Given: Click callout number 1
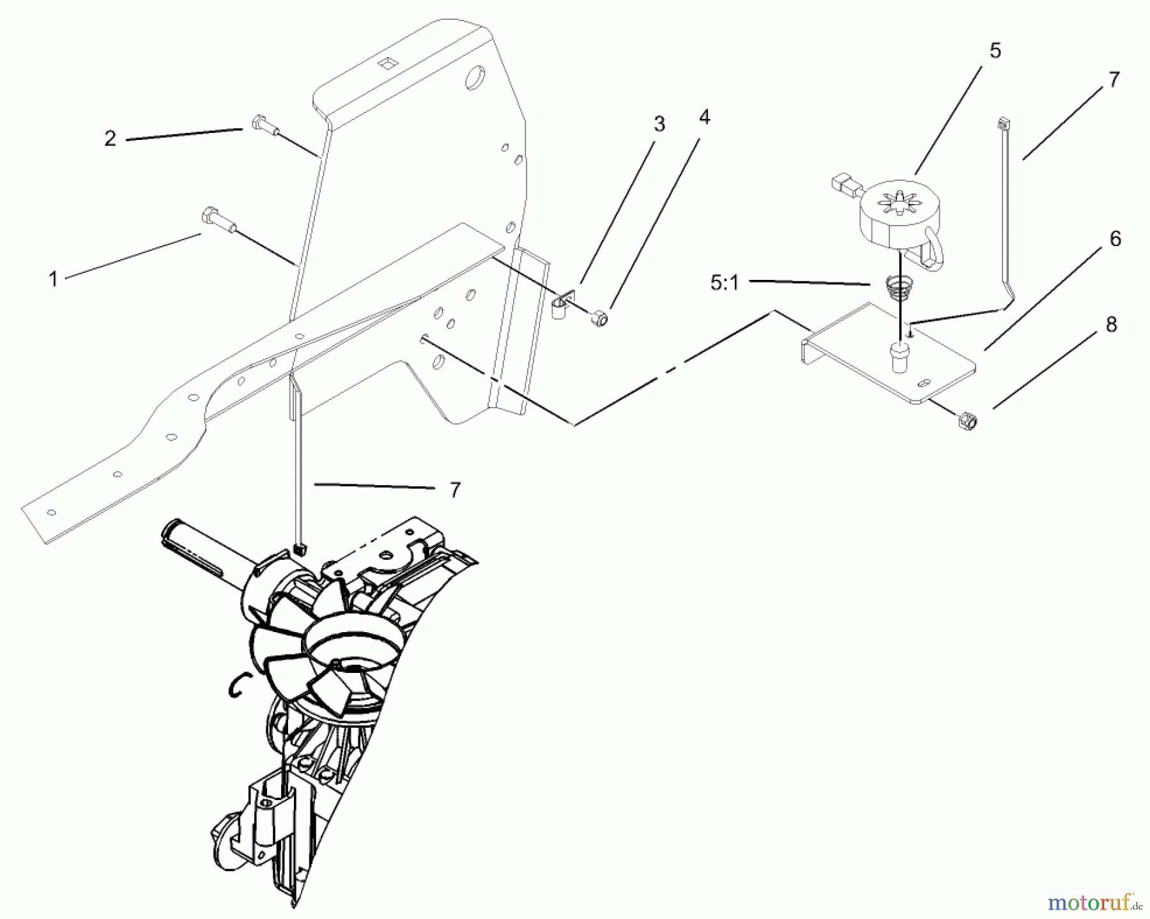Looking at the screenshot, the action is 54,279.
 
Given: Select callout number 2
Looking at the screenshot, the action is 111,139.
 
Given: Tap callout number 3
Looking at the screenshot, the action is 659,124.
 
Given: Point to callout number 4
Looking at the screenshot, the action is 704,117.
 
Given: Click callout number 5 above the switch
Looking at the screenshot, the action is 995,50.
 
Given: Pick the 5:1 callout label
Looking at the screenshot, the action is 724,282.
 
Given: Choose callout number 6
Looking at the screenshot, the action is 1115,239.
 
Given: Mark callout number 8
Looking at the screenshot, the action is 1111,325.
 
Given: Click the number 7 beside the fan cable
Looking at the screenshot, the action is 454,490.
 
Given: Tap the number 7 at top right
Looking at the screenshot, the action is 1114,80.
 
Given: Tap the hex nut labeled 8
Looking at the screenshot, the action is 966,421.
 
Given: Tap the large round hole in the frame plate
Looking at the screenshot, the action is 475,79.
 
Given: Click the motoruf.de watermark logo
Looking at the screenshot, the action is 1094,902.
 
